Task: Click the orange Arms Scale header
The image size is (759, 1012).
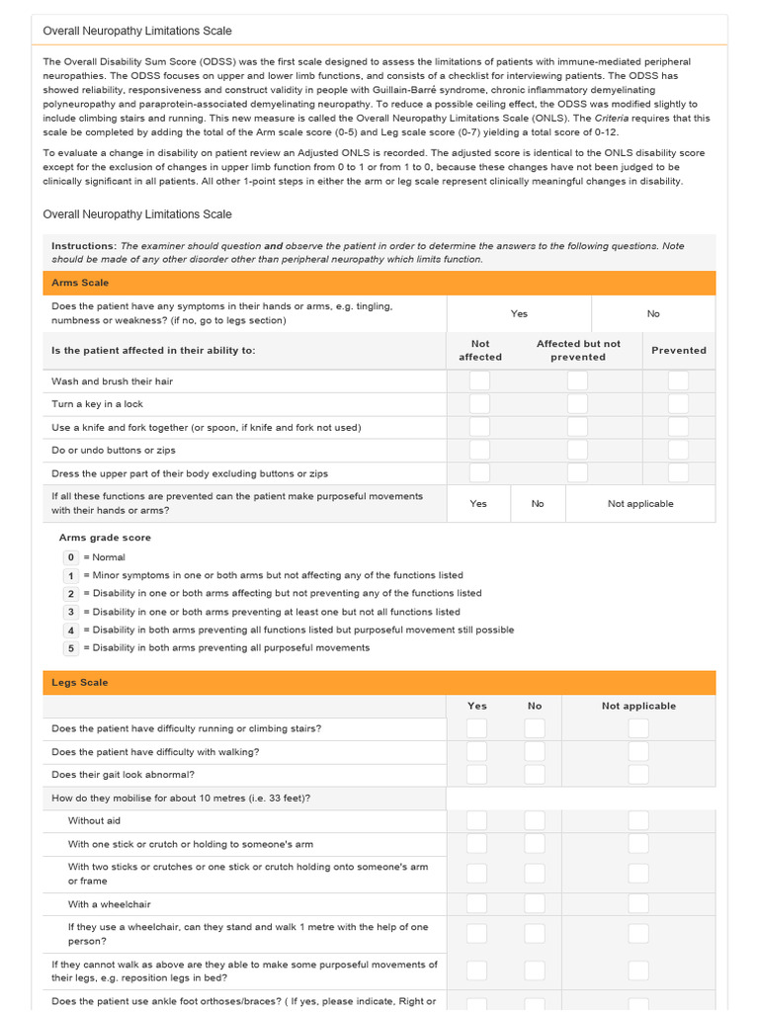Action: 379,283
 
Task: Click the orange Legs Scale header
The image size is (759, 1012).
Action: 379,683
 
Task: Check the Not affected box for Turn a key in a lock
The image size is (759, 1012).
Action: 479,403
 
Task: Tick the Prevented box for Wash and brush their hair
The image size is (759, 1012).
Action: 678,380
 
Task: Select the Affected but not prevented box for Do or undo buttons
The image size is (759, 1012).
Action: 577,450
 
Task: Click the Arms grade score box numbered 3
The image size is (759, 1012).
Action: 70,612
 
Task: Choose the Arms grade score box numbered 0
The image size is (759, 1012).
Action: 70,557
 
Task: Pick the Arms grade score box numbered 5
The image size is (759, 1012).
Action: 70,648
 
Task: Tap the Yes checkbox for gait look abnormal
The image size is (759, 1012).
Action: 476,775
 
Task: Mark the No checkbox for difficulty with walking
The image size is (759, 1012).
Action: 535,751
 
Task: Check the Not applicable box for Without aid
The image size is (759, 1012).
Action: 638,820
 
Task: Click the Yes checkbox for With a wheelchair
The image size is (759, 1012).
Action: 476,903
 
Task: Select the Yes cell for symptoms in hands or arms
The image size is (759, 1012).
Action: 519,313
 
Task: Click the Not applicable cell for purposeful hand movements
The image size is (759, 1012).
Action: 640,503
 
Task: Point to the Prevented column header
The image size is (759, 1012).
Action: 678,350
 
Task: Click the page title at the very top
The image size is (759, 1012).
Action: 137,31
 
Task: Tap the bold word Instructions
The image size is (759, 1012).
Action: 83,245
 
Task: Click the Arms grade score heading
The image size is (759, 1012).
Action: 105,538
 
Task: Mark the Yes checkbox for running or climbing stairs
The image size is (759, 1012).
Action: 476,728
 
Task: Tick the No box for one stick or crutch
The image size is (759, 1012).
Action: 535,843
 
